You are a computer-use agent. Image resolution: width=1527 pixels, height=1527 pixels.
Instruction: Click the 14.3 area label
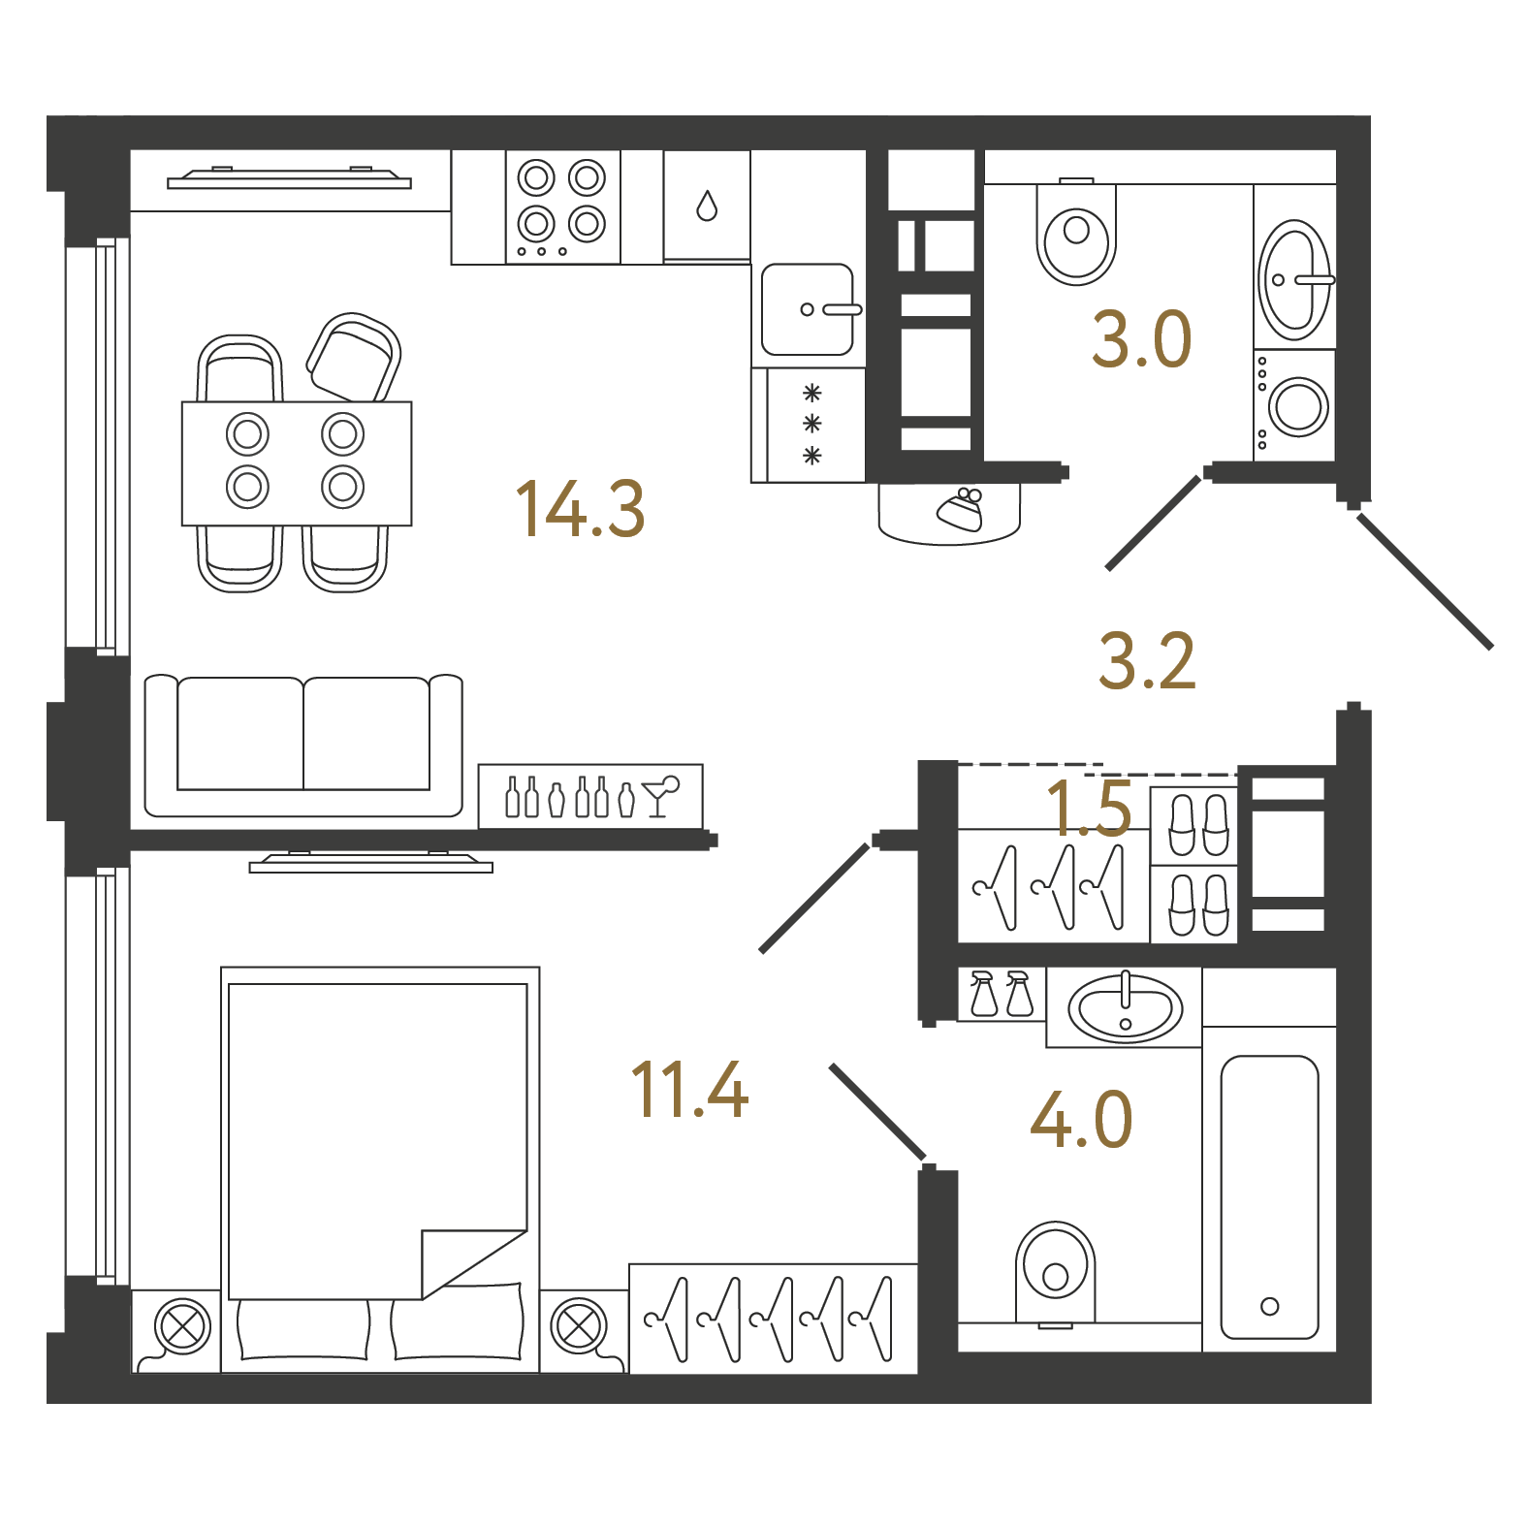(x=580, y=509)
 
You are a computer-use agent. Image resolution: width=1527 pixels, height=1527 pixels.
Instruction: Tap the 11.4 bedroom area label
(x=689, y=1089)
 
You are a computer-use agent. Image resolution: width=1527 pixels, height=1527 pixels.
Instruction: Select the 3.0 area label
(x=1141, y=339)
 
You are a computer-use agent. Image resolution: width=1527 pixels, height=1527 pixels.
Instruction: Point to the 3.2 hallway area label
(x=1147, y=661)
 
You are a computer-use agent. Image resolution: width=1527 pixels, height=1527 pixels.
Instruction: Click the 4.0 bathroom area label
(x=1081, y=1119)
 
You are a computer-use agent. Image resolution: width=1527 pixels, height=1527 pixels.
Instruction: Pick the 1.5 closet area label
(x=1089, y=808)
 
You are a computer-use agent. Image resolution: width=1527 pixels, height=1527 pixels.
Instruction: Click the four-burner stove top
(x=562, y=207)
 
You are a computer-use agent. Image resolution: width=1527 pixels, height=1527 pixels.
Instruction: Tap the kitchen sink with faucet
(x=809, y=309)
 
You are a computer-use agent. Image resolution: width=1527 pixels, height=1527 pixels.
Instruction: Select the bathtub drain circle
(x=1269, y=1306)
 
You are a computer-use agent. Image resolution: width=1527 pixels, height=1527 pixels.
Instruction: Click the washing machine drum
(x=1297, y=406)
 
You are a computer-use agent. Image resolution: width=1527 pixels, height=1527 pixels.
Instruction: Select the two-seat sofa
(x=303, y=745)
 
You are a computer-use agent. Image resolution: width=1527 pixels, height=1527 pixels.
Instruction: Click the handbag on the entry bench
(x=961, y=509)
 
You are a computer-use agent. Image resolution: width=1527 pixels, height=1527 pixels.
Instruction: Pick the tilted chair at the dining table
(x=353, y=359)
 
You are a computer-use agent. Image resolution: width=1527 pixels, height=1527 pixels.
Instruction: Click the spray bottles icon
(x=1002, y=993)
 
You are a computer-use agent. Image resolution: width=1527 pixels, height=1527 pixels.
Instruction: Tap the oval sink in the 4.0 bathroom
(x=1125, y=1007)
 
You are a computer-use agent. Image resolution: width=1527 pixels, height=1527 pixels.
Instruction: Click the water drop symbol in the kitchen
(x=707, y=206)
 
